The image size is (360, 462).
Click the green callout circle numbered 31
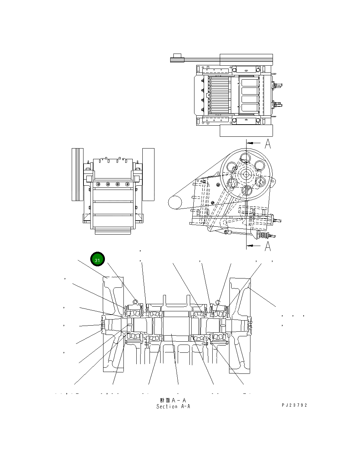click(x=97, y=260)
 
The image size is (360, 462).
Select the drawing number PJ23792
click(x=294, y=405)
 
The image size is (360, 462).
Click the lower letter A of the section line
click(x=268, y=246)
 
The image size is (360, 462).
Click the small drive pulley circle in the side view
click(x=176, y=202)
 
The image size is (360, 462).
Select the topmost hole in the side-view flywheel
click(x=245, y=157)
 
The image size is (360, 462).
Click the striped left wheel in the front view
click(x=77, y=174)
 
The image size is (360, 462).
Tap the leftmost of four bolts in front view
click(x=98, y=184)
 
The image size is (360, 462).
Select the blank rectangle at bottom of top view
click(x=246, y=131)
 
